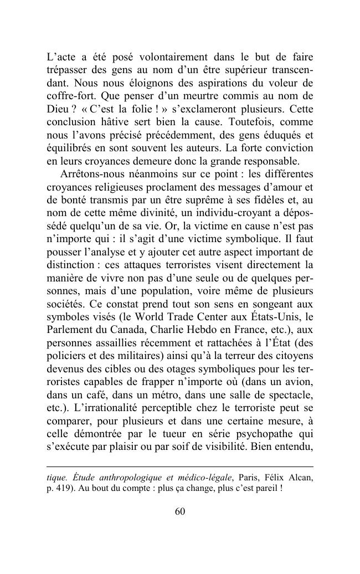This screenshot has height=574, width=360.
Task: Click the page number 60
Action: point(179,511)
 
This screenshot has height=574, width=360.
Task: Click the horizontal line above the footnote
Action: point(179,467)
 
